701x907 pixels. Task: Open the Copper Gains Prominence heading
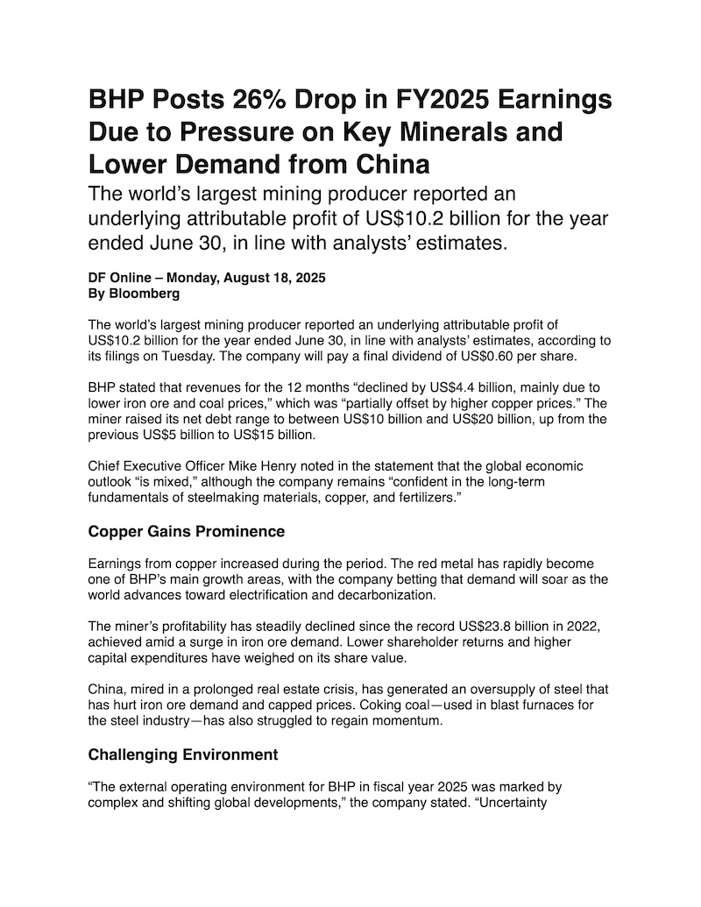tap(187, 531)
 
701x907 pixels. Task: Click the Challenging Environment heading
tap(183, 755)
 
